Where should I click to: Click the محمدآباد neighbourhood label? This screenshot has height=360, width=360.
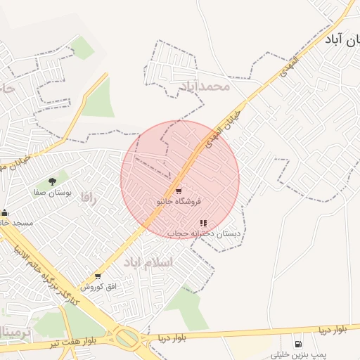[205, 86]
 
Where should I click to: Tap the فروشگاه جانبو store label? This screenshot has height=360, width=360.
[179, 202]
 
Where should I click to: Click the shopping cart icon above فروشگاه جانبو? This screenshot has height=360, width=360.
[179, 191]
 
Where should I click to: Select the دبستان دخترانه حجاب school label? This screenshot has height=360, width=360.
[204, 233]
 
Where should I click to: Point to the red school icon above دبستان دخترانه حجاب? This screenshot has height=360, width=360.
[204, 223]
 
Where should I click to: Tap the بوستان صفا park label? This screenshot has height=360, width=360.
[51, 191]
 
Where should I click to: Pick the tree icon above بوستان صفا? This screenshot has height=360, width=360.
[52, 181]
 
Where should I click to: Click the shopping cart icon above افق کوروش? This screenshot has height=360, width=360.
[97, 276]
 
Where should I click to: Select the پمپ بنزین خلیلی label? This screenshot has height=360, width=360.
[300, 354]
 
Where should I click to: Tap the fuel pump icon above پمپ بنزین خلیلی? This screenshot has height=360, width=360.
[300, 344]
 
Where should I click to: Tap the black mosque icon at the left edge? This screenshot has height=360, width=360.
[4, 212]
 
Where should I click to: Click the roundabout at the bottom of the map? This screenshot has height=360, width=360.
[128, 338]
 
